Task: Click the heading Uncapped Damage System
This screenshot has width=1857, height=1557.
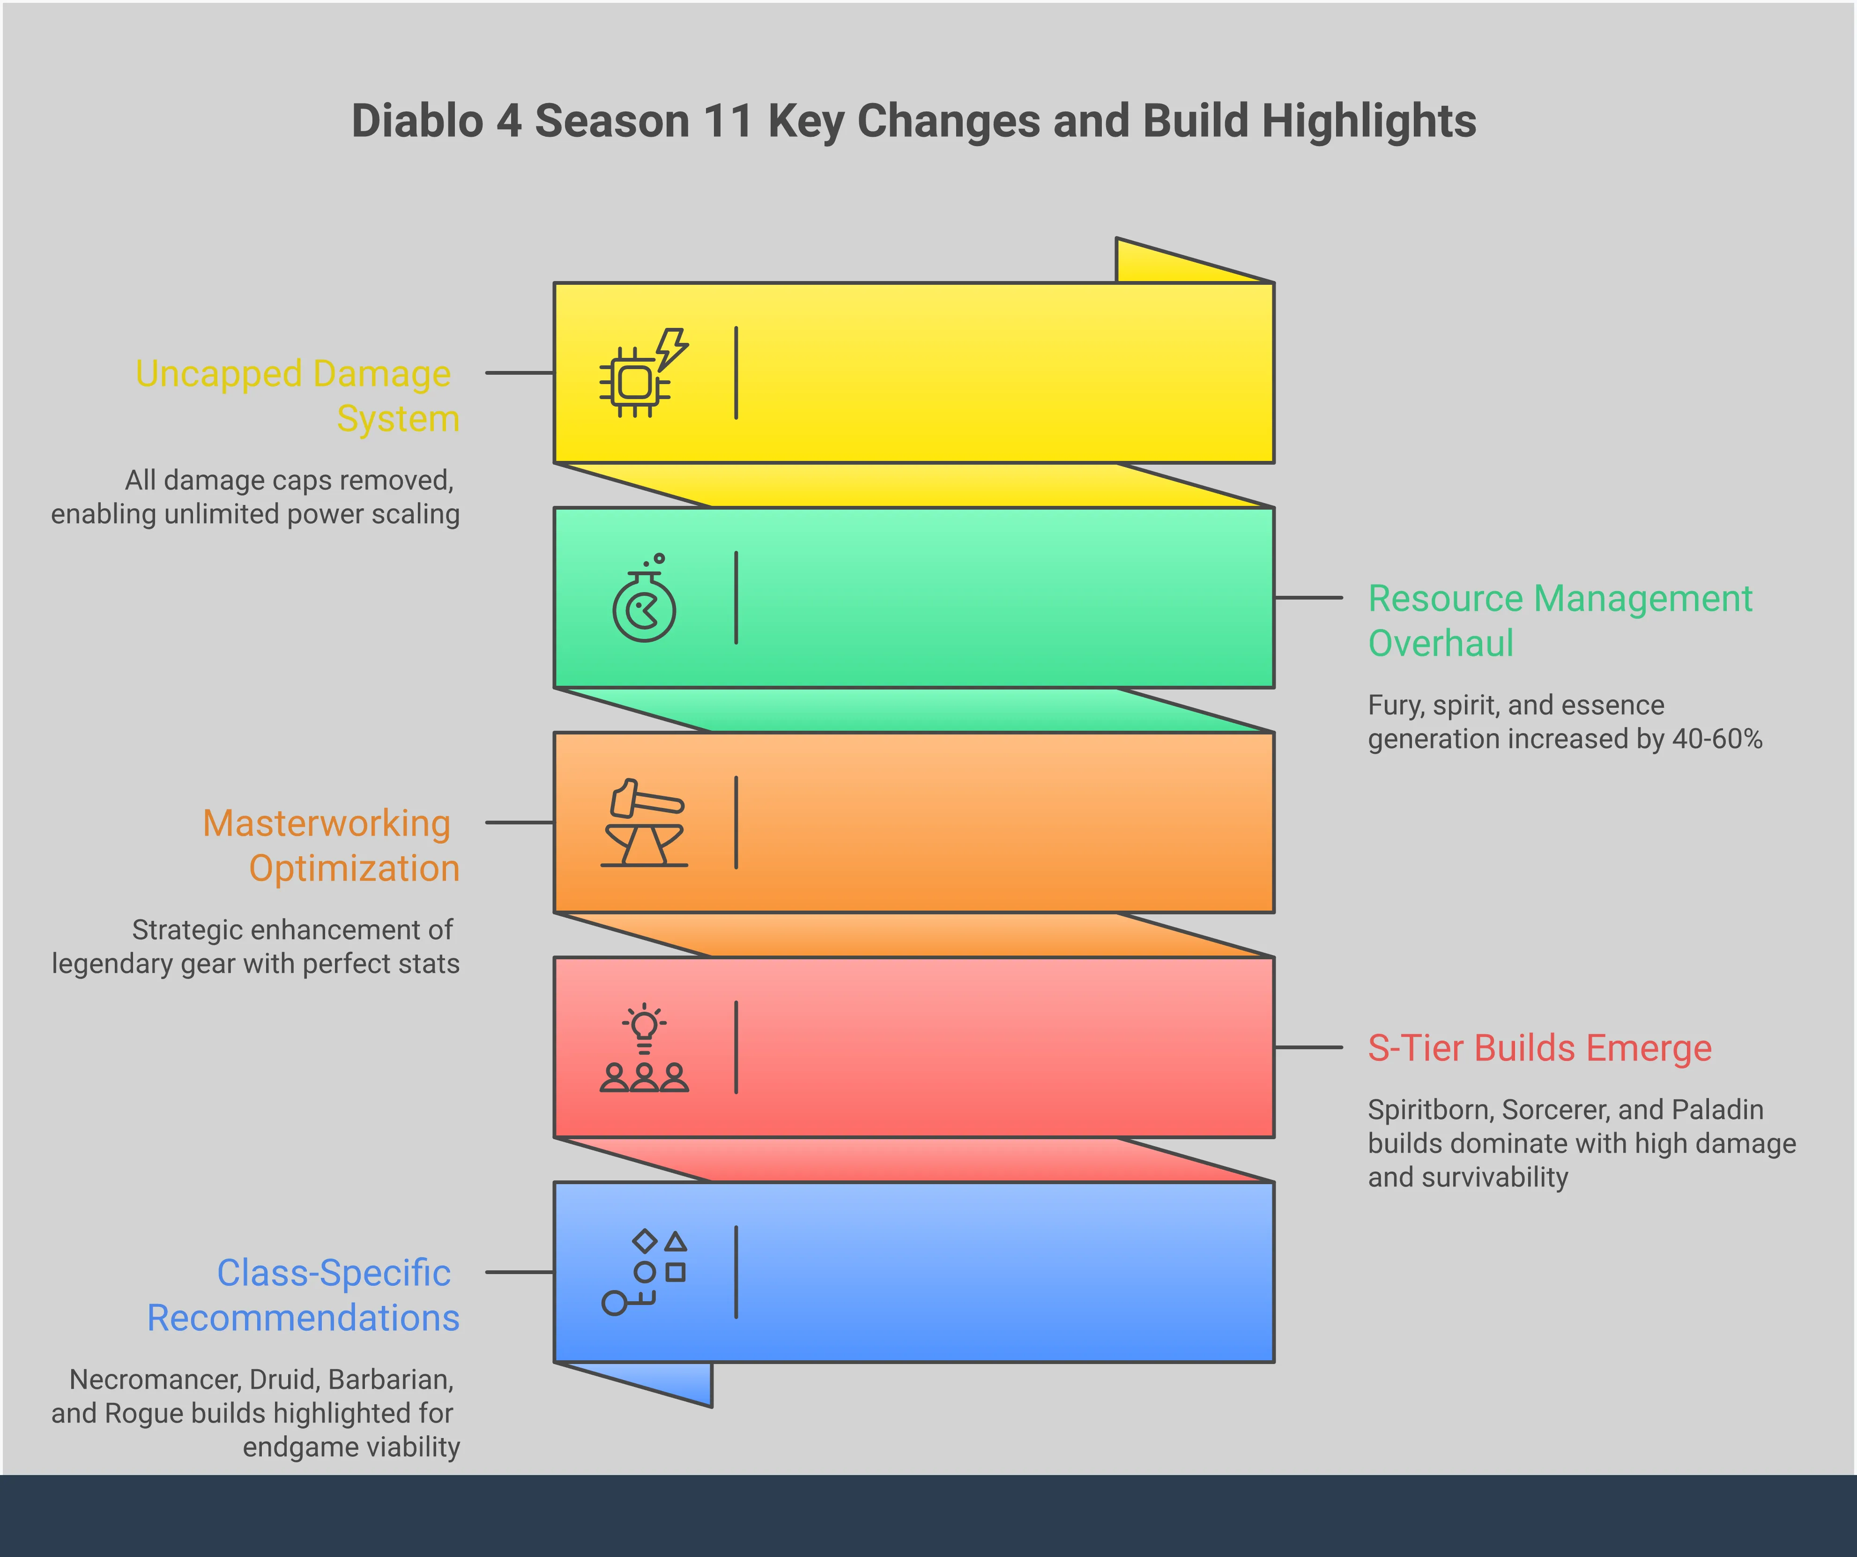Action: [x=297, y=395]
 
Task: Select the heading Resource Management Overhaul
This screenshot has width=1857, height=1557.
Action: [x=1560, y=621]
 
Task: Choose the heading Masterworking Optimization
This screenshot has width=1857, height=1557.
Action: [x=331, y=845]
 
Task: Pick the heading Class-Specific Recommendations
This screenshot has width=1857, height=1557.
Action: [x=303, y=1295]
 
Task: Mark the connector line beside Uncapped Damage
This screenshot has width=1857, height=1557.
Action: [x=520, y=373]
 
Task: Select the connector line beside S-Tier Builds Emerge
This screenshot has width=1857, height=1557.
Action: [x=1309, y=1048]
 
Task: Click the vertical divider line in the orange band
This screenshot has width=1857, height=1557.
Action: [x=735, y=822]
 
